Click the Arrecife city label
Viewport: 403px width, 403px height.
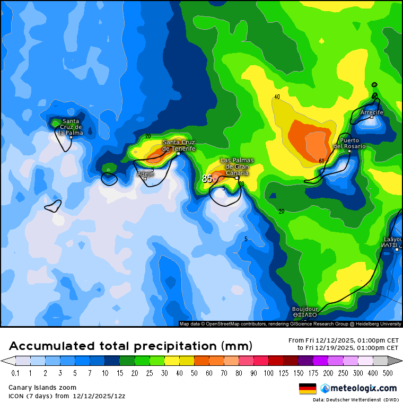371,112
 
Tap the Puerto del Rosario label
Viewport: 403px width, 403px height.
349,143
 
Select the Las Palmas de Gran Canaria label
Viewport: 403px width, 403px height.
237,167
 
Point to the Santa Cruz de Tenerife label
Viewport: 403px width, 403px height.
179,145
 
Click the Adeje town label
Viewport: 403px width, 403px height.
145,173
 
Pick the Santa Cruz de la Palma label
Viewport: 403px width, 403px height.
70,127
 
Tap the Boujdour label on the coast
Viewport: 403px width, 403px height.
305,309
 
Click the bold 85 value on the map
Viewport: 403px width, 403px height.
207,179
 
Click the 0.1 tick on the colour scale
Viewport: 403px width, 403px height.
15,373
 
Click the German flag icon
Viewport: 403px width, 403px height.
308,389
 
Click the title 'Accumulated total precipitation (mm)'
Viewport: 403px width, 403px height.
130,346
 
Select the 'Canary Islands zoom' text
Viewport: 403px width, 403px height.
42,388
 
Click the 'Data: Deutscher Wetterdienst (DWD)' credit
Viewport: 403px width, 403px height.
355,399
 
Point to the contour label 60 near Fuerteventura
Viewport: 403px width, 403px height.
321,161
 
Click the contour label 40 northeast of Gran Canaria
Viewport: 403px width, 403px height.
277,97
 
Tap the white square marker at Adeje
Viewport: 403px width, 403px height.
145,179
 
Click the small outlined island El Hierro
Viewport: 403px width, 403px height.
53,206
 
